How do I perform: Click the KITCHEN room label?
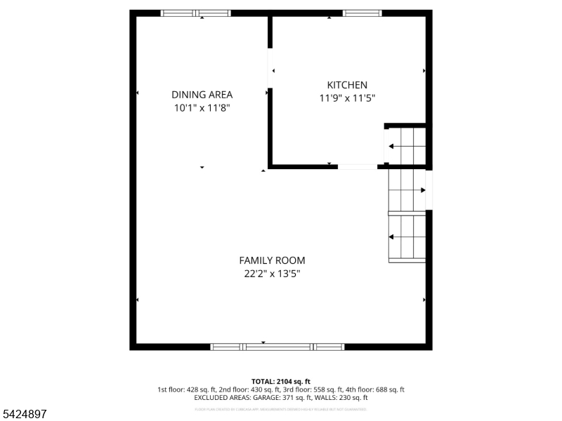[x=347, y=85]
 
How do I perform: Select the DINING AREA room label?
[x=202, y=95]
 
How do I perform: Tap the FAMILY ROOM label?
[x=272, y=260]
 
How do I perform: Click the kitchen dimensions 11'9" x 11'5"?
[x=347, y=99]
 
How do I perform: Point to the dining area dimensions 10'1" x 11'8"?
[x=202, y=108]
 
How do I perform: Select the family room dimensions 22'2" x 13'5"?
[x=272, y=274]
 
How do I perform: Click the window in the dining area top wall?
[x=196, y=13]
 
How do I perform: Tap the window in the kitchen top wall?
[x=362, y=13]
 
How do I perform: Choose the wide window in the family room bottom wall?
[x=278, y=347]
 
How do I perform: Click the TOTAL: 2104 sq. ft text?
[x=281, y=381]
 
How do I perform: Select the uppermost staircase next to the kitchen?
[x=406, y=147]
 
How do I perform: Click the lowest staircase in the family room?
[x=407, y=238]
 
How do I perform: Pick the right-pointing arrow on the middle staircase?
[x=422, y=190]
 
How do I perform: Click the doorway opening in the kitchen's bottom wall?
[x=358, y=167]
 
